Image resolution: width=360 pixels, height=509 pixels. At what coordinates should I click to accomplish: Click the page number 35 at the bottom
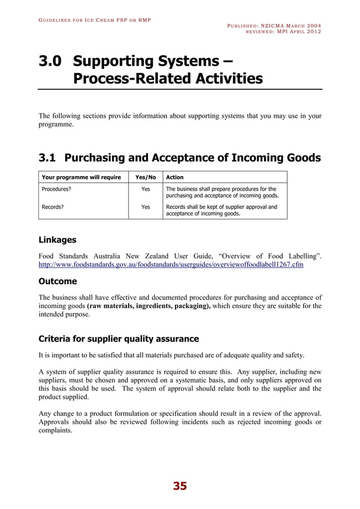pyautogui.click(x=179, y=486)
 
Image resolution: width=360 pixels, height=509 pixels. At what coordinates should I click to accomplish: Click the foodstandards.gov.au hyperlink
pyautogui.click(x=170, y=265)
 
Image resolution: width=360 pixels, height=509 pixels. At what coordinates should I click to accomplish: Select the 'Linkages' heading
pyautogui.click(x=57, y=240)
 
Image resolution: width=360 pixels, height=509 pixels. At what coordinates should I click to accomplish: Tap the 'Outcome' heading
pyautogui.click(x=58, y=282)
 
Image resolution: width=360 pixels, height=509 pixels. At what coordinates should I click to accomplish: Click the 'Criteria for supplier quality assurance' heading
pyautogui.click(x=118, y=339)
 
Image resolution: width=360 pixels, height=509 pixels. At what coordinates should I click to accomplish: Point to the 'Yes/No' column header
pyautogui.click(x=146, y=177)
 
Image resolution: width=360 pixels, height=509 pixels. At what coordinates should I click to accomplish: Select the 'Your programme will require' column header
pyautogui.click(x=81, y=177)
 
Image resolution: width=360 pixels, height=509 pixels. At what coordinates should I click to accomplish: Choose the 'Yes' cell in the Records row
pyautogui.click(x=146, y=207)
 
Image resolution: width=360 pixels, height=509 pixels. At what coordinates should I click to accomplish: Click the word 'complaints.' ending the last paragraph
pyautogui.click(x=55, y=431)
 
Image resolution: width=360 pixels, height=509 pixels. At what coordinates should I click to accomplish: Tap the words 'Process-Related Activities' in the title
pyautogui.click(x=168, y=78)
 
